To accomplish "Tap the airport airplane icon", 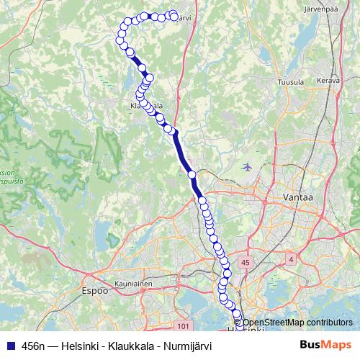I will (x=248, y=167).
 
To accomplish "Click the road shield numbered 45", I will (x=246, y=263).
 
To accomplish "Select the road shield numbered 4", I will (x=290, y=258).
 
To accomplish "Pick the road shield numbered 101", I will (x=182, y=326).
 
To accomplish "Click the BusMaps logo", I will (x=326, y=345).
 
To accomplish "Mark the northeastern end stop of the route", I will (x=174, y=16).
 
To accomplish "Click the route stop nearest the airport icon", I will (x=192, y=174).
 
